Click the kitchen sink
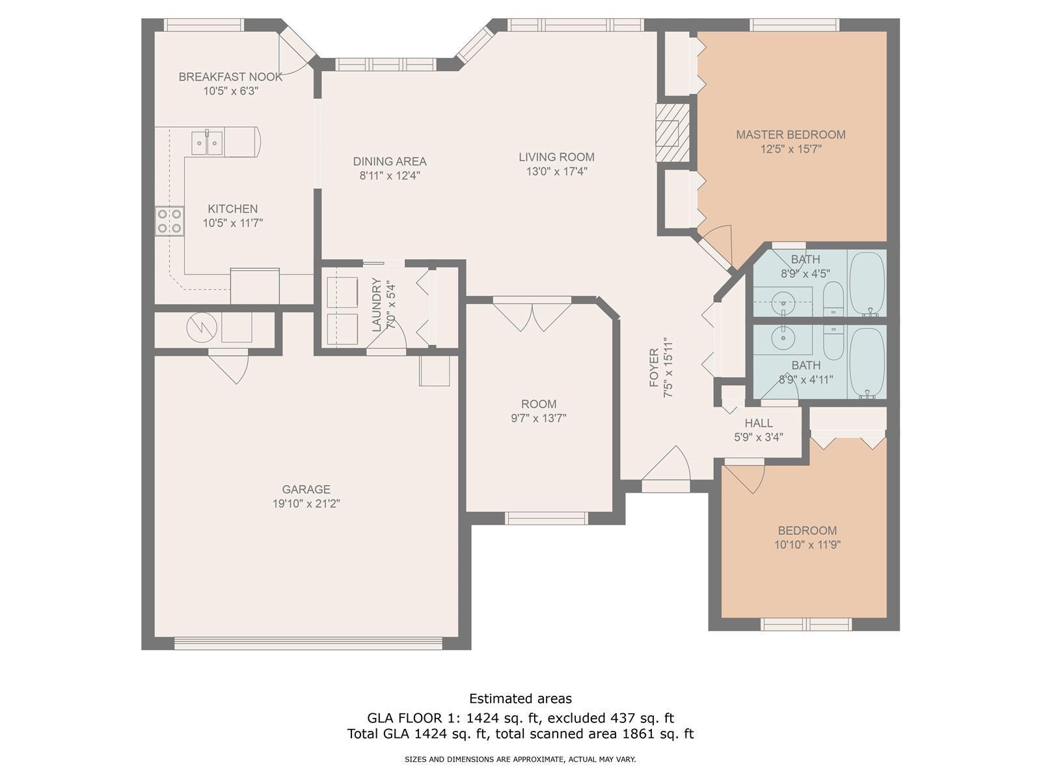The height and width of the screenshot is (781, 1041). tap(207, 143)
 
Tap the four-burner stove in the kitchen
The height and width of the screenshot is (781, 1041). tap(170, 221)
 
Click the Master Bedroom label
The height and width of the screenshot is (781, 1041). tap(791, 135)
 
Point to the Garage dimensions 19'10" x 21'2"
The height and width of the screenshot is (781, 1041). tap(306, 503)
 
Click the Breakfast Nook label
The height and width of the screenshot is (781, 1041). tap(230, 77)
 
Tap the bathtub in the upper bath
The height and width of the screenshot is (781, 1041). tap(867, 284)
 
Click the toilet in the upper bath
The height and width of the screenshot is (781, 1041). tap(833, 299)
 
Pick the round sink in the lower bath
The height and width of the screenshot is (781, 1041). tap(783, 338)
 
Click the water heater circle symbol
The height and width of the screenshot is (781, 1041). tap(202, 327)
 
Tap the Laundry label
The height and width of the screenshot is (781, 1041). tap(377, 305)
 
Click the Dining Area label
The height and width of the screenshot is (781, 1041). tap(390, 161)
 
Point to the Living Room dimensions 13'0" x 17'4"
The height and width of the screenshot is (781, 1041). tap(557, 171)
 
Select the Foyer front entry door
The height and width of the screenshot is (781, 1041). tap(666, 469)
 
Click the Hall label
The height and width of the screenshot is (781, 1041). tap(759, 423)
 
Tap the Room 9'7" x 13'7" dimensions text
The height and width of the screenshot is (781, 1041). tap(539, 418)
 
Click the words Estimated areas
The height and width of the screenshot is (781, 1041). tap(520, 698)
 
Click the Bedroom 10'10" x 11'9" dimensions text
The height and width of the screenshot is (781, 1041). tap(807, 545)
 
